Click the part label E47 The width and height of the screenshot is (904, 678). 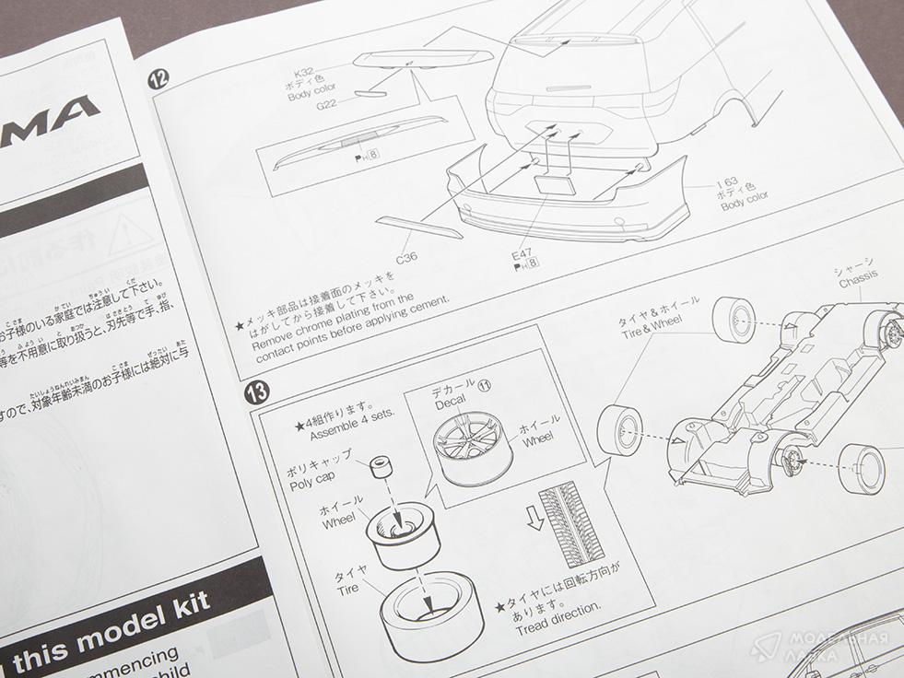click(x=522, y=252)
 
